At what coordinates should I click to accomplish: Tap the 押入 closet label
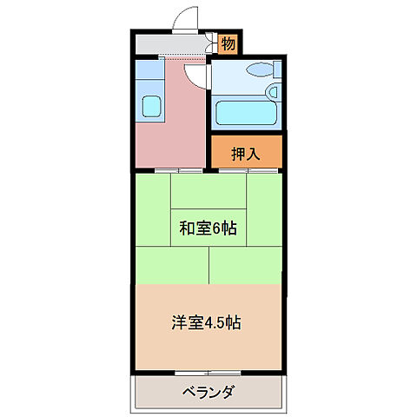[x=246, y=154]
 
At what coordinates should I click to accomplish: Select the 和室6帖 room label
[x=208, y=229]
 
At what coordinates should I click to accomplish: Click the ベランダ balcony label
[x=208, y=392]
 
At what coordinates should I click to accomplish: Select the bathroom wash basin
[x=273, y=90]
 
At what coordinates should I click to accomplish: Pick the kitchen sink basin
[x=151, y=107]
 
